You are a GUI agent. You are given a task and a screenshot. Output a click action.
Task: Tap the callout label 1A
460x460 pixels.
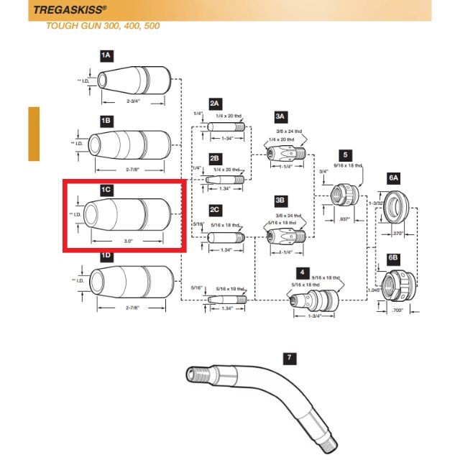point(106,55)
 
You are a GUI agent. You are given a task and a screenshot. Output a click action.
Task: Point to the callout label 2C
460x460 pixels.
point(214,209)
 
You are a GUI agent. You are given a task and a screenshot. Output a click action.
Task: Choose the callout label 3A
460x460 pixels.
point(280,115)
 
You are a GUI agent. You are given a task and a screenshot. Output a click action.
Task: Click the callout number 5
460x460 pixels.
point(346,154)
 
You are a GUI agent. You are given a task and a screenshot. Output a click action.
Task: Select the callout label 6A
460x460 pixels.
point(392,175)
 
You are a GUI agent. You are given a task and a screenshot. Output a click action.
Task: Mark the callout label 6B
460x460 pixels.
point(392,257)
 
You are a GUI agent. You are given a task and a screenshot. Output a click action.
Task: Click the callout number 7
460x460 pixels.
point(289,356)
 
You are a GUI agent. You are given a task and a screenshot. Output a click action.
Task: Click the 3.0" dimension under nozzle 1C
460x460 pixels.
point(126,239)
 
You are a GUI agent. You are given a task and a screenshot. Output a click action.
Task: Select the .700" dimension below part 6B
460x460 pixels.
point(397,310)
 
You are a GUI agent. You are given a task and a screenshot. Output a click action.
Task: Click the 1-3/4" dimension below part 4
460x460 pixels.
point(313,316)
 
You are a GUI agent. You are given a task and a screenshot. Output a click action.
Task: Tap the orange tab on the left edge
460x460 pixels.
point(33,134)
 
